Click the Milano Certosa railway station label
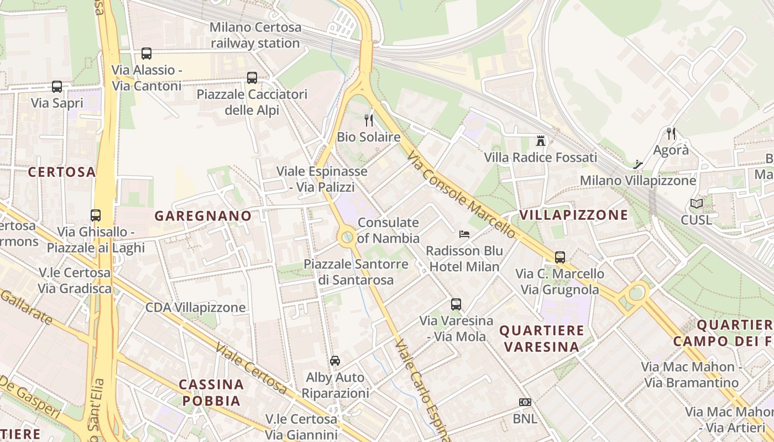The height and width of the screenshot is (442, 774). [x=255, y=35]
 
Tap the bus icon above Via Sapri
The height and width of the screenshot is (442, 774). [x=57, y=87]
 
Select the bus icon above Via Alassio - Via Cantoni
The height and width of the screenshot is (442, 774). [x=147, y=54]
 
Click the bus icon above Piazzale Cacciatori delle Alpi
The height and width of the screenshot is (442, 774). [x=252, y=78]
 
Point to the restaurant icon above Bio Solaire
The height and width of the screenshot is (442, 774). [x=369, y=120]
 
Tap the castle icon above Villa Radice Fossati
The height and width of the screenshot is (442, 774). [x=541, y=141]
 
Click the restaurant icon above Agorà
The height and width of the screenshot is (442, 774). [x=671, y=133]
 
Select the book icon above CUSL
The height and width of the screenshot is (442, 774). [x=697, y=204]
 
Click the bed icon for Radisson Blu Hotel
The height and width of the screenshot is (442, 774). [x=464, y=234]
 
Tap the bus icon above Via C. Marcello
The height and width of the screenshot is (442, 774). [x=560, y=257]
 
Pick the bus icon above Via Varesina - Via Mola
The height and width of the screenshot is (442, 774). [x=456, y=304]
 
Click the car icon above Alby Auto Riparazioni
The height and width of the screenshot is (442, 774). [x=335, y=361]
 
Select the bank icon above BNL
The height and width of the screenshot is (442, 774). [x=525, y=402]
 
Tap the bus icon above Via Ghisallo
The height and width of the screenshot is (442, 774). [x=96, y=215]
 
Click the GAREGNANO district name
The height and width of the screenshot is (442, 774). [x=203, y=216]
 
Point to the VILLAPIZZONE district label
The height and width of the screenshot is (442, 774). [x=573, y=215]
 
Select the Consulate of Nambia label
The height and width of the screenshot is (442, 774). [x=388, y=230]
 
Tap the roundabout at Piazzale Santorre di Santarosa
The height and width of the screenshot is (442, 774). [x=347, y=238]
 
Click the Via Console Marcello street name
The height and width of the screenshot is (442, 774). [x=462, y=196]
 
